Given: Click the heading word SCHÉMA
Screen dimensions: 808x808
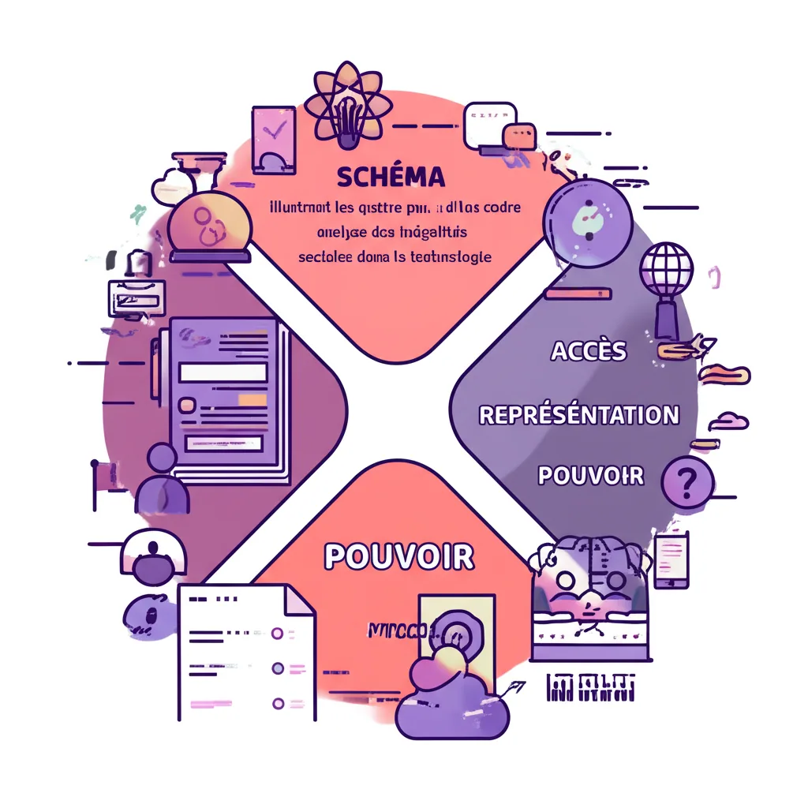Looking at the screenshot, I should tap(391, 176).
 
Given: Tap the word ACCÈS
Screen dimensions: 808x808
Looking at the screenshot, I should tap(589, 350).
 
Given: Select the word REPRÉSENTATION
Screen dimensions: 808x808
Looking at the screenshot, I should tap(579, 414).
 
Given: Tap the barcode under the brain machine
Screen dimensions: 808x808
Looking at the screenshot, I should tap(590, 687).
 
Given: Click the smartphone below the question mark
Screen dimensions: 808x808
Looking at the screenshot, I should tap(671, 559).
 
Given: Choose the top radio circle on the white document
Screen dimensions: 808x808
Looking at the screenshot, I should tap(277, 633).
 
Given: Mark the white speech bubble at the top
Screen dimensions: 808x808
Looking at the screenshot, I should tap(482, 125).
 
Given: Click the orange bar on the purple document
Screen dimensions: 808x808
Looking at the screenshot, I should tap(252, 401).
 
